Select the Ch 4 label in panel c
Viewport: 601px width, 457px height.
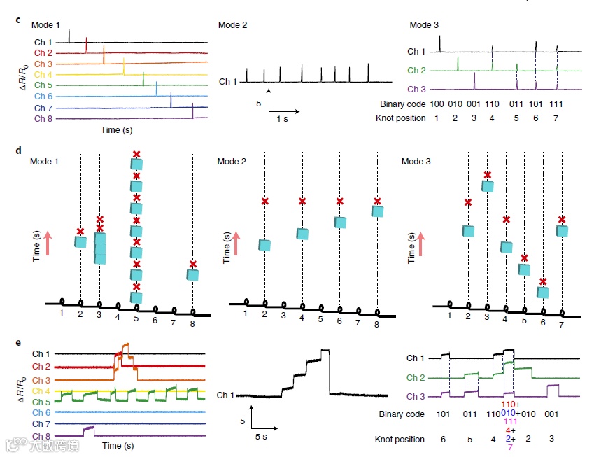[43, 75]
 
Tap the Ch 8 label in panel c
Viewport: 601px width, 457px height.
[43, 118]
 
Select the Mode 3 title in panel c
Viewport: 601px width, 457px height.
[424, 25]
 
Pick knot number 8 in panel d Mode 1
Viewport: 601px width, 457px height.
[192, 315]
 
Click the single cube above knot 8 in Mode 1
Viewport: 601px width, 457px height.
[192, 275]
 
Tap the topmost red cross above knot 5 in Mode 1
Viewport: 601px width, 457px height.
[136, 154]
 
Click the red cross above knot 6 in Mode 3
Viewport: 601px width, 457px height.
[542, 282]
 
